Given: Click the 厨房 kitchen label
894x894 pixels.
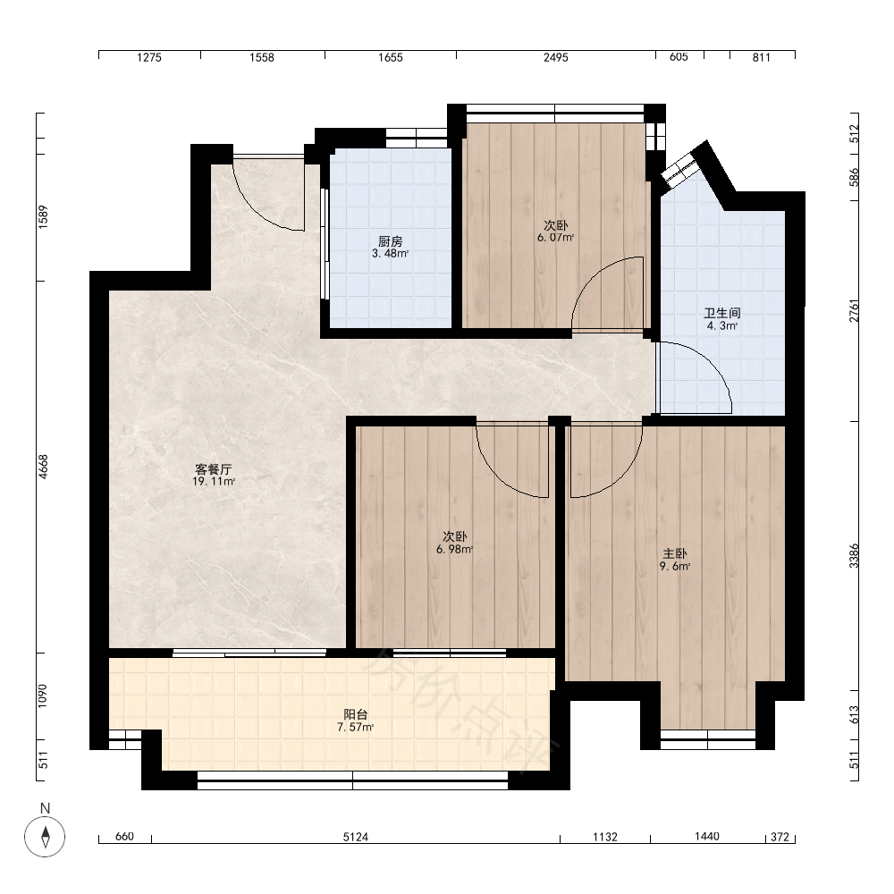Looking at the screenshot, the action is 391,241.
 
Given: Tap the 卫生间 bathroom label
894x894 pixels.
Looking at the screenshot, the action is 721,313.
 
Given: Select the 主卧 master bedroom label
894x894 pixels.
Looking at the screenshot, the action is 674,553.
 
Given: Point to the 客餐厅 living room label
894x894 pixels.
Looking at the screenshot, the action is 214,469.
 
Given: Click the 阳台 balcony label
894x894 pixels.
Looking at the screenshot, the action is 356,714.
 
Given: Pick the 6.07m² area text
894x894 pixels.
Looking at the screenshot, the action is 555,238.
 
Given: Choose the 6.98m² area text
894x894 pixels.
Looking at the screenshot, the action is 455,550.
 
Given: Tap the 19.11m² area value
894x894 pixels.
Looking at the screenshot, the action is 214,482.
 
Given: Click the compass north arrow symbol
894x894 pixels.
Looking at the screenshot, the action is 45,837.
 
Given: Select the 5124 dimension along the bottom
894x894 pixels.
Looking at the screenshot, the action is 355,837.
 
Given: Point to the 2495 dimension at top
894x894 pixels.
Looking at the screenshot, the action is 555,57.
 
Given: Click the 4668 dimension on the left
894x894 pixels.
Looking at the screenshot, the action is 43,467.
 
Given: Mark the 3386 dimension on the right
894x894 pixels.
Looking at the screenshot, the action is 854,556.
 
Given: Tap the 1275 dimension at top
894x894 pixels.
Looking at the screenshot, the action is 149,57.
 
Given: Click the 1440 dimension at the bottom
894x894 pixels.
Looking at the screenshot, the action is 707,837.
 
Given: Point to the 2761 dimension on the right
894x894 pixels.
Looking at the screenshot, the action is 854,311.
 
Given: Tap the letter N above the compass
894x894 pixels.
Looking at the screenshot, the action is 45,808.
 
